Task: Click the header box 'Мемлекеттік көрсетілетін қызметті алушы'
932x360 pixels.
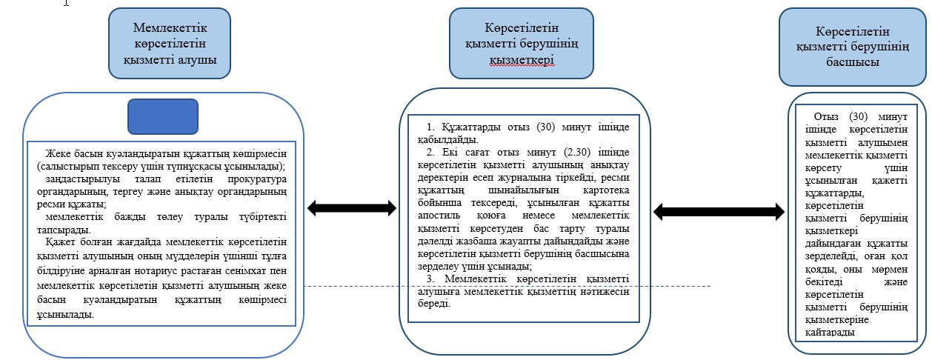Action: (x=170, y=43)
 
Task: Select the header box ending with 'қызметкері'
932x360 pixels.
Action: (x=522, y=43)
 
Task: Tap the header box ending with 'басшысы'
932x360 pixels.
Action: (x=853, y=47)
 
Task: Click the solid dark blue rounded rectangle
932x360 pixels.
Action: (x=163, y=116)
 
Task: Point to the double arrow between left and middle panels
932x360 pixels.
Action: (x=352, y=208)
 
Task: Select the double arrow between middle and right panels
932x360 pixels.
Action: (x=719, y=212)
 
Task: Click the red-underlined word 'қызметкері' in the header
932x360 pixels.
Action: (x=522, y=60)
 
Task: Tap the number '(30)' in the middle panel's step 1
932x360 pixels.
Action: (x=546, y=127)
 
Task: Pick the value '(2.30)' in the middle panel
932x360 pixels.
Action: (x=577, y=152)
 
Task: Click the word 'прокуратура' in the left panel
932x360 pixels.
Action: (x=257, y=179)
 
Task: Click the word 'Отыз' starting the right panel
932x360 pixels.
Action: (x=826, y=117)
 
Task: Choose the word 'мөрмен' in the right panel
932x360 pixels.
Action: (x=890, y=270)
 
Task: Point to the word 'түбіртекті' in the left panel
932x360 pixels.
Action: (x=263, y=217)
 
